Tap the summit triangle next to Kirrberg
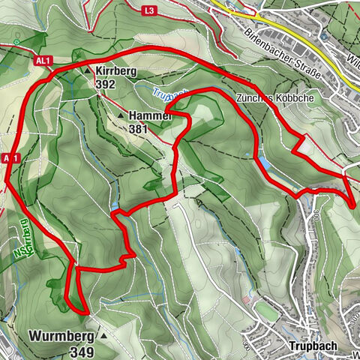tap(88, 70)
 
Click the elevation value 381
tap(139, 128)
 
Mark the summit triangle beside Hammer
tap(121, 115)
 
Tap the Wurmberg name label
tap(61, 336)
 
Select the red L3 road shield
tap(149, 10)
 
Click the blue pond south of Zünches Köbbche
tap(263, 162)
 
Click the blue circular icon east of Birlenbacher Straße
tap(322, 36)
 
